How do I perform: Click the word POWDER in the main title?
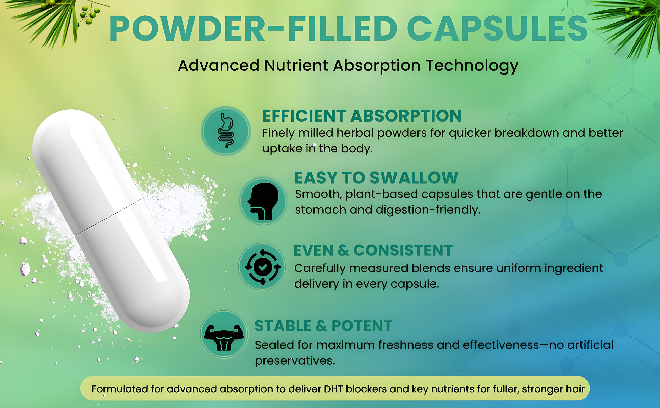pyautogui.click(x=187, y=29)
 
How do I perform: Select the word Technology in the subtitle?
pyautogui.click(x=472, y=66)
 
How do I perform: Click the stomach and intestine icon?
pyautogui.click(x=226, y=131)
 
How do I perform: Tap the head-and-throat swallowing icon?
pyautogui.click(x=263, y=201)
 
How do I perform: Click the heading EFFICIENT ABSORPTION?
pyautogui.click(x=362, y=116)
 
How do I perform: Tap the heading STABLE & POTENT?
pyautogui.click(x=323, y=326)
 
